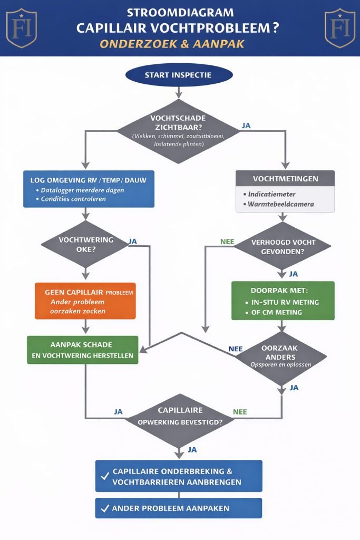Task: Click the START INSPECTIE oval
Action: tap(179, 75)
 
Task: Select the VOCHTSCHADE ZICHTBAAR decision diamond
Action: tap(178, 130)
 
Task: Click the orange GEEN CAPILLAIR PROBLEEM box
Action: tap(85, 301)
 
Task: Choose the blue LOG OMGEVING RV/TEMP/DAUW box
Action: tap(89, 189)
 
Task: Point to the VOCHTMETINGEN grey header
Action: tap(285, 178)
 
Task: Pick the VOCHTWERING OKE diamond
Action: tap(85, 244)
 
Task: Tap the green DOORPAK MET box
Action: tap(283, 301)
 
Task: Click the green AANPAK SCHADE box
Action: tap(83, 350)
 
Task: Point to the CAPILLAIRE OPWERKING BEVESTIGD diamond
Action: tap(179, 417)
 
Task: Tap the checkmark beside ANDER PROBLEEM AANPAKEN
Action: tap(104, 509)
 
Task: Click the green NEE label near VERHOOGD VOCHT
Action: tap(227, 243)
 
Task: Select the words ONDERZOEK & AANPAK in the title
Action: tap(179, 44)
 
